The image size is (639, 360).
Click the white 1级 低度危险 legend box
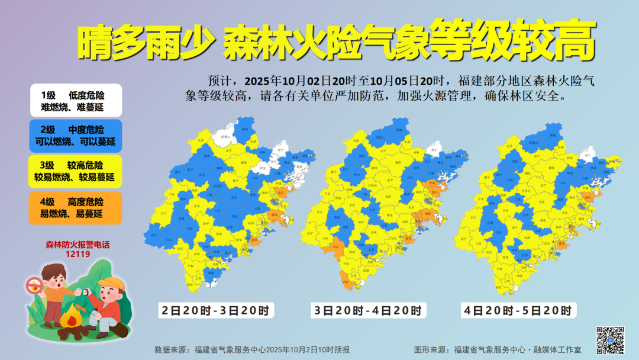tap(76, 100)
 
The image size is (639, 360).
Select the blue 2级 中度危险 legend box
tap(76, 136)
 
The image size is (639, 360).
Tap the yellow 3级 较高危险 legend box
tap(76, 171)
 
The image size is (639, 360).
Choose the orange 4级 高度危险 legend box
tap(76, 207)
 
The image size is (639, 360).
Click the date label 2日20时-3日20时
tap(217, 310)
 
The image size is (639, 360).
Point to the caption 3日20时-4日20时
tap(369, 310)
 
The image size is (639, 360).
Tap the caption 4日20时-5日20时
tap(518, 310)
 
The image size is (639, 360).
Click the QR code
tap(609, 340)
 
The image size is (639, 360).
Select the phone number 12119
tap(78, 254)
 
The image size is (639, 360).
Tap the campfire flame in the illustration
tap(73, 320)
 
